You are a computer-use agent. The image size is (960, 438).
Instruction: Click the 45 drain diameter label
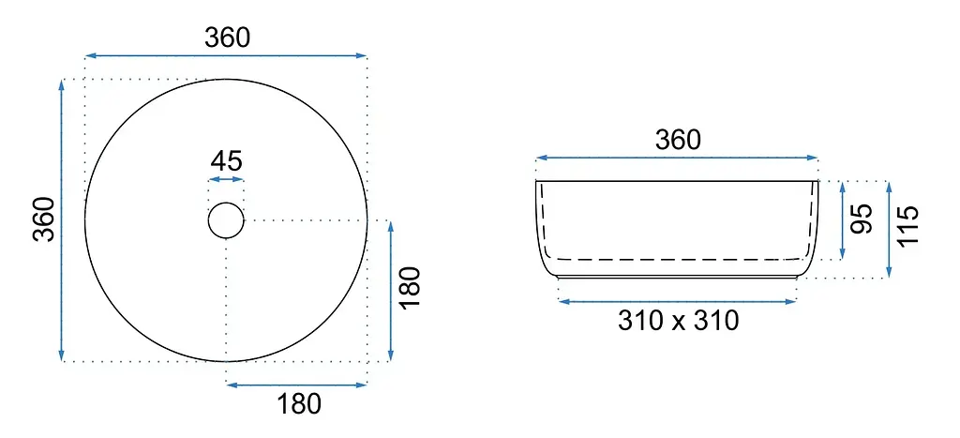[x=227, y=161]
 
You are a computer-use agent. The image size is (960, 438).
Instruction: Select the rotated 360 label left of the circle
[x=45, y=219]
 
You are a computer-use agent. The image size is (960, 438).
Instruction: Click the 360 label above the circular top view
[x=227, y=38]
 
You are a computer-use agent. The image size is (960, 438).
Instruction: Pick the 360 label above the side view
[x=678, y=141]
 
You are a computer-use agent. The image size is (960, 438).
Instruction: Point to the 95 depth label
[x=862, y=219]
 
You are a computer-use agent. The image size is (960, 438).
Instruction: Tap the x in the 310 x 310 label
[x=679, y=323]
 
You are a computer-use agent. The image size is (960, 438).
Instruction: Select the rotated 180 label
[x=410, y=288]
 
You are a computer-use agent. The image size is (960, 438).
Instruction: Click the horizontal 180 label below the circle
[x=299, y=404]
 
